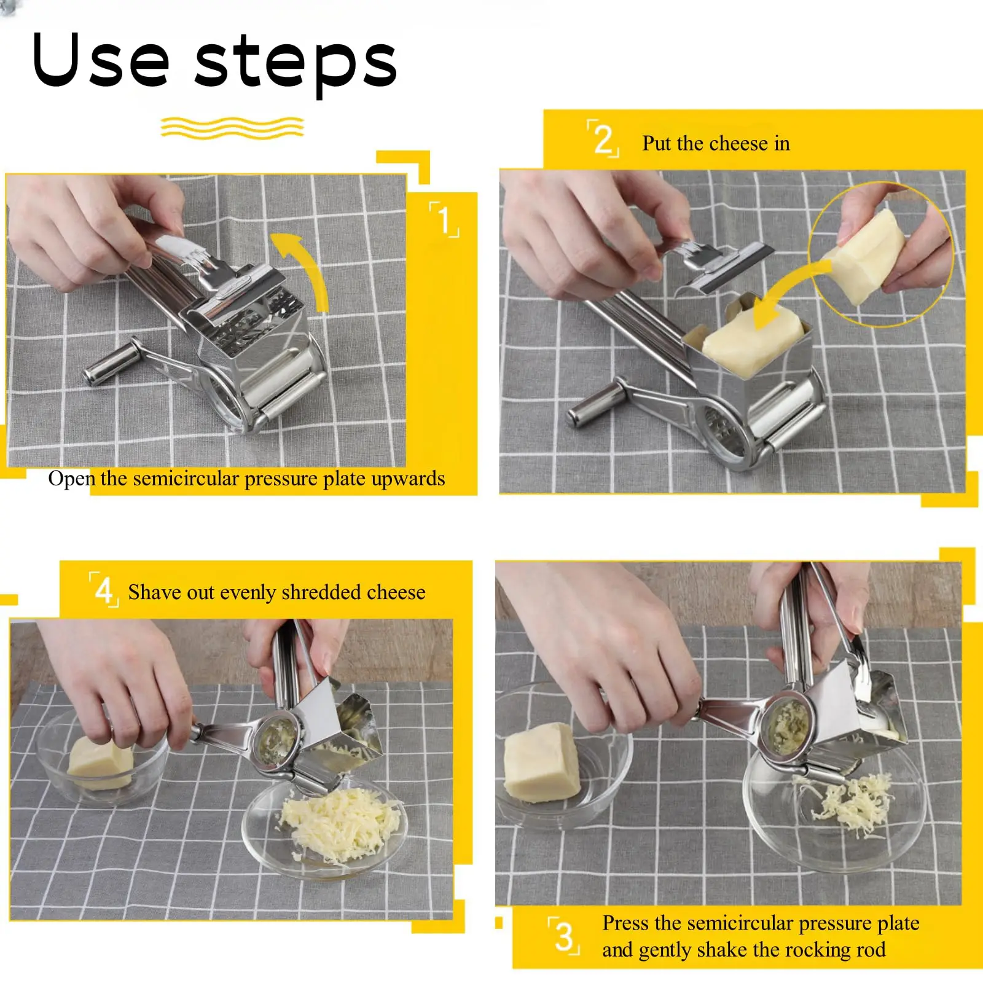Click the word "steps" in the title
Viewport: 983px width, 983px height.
tap(296, 64)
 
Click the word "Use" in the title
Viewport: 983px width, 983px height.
tap(100, 60)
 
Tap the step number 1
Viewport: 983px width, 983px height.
tap(444, 219)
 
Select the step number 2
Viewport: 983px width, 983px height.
tap(603, 139)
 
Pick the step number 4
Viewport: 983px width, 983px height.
tap(104, 590)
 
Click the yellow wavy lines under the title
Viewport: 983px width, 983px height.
tap(232, 127)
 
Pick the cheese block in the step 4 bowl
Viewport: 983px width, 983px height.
tap(100, 762)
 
